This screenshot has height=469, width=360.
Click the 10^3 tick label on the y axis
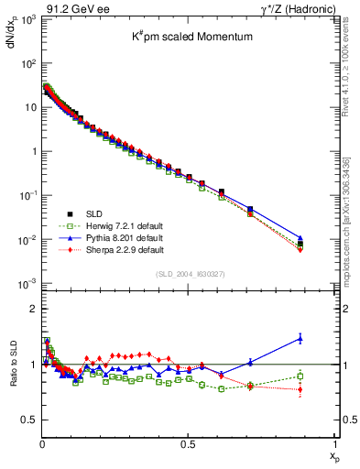pyautogui.click(x=26, y=20)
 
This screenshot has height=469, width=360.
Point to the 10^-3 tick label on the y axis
pyautogui.click(x=26, y=283)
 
